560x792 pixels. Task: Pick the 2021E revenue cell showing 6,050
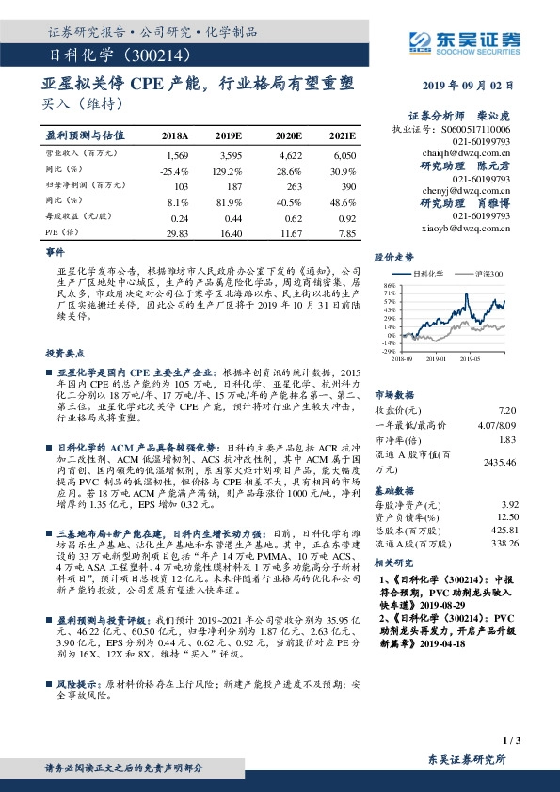click(x=344, y=153)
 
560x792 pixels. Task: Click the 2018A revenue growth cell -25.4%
click(x=176, y=172)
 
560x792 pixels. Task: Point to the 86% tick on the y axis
click(x=389, y=283)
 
